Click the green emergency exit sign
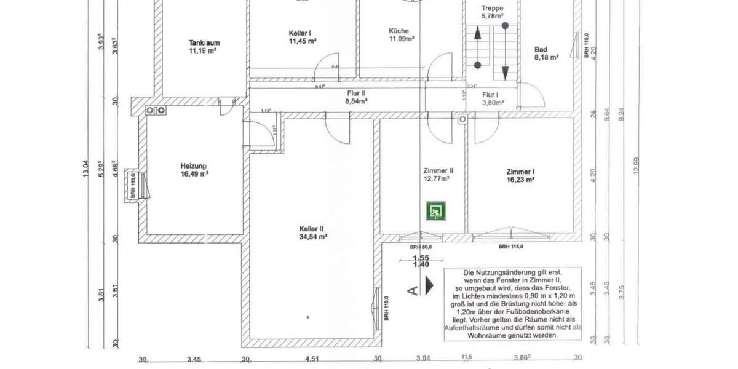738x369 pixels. (x=435, y=212)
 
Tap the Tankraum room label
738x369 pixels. (x=204, y=43)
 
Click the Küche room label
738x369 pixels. (x=399, y=31)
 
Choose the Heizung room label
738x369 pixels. (x=193, y=165)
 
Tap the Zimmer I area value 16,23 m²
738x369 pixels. (x=520, y=180)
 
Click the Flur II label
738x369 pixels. (x=355, y=93)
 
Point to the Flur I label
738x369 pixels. (x=490, y=95)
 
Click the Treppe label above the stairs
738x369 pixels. (x=492, y=8)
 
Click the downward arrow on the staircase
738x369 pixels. (x=505, y=71)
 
